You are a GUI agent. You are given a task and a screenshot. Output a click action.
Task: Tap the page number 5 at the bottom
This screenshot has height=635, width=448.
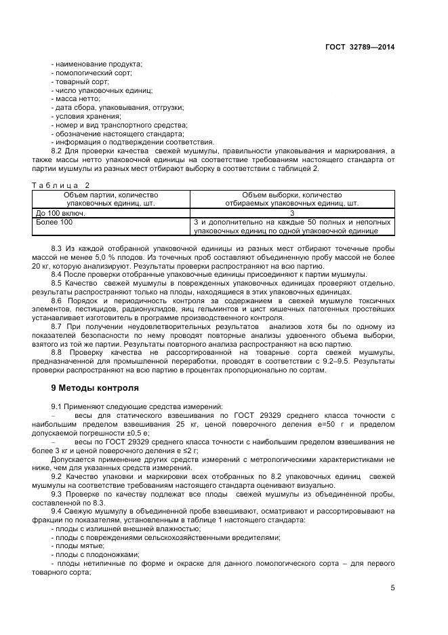393,588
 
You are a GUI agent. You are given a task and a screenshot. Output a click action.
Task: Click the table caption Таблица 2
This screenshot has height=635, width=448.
60,185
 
